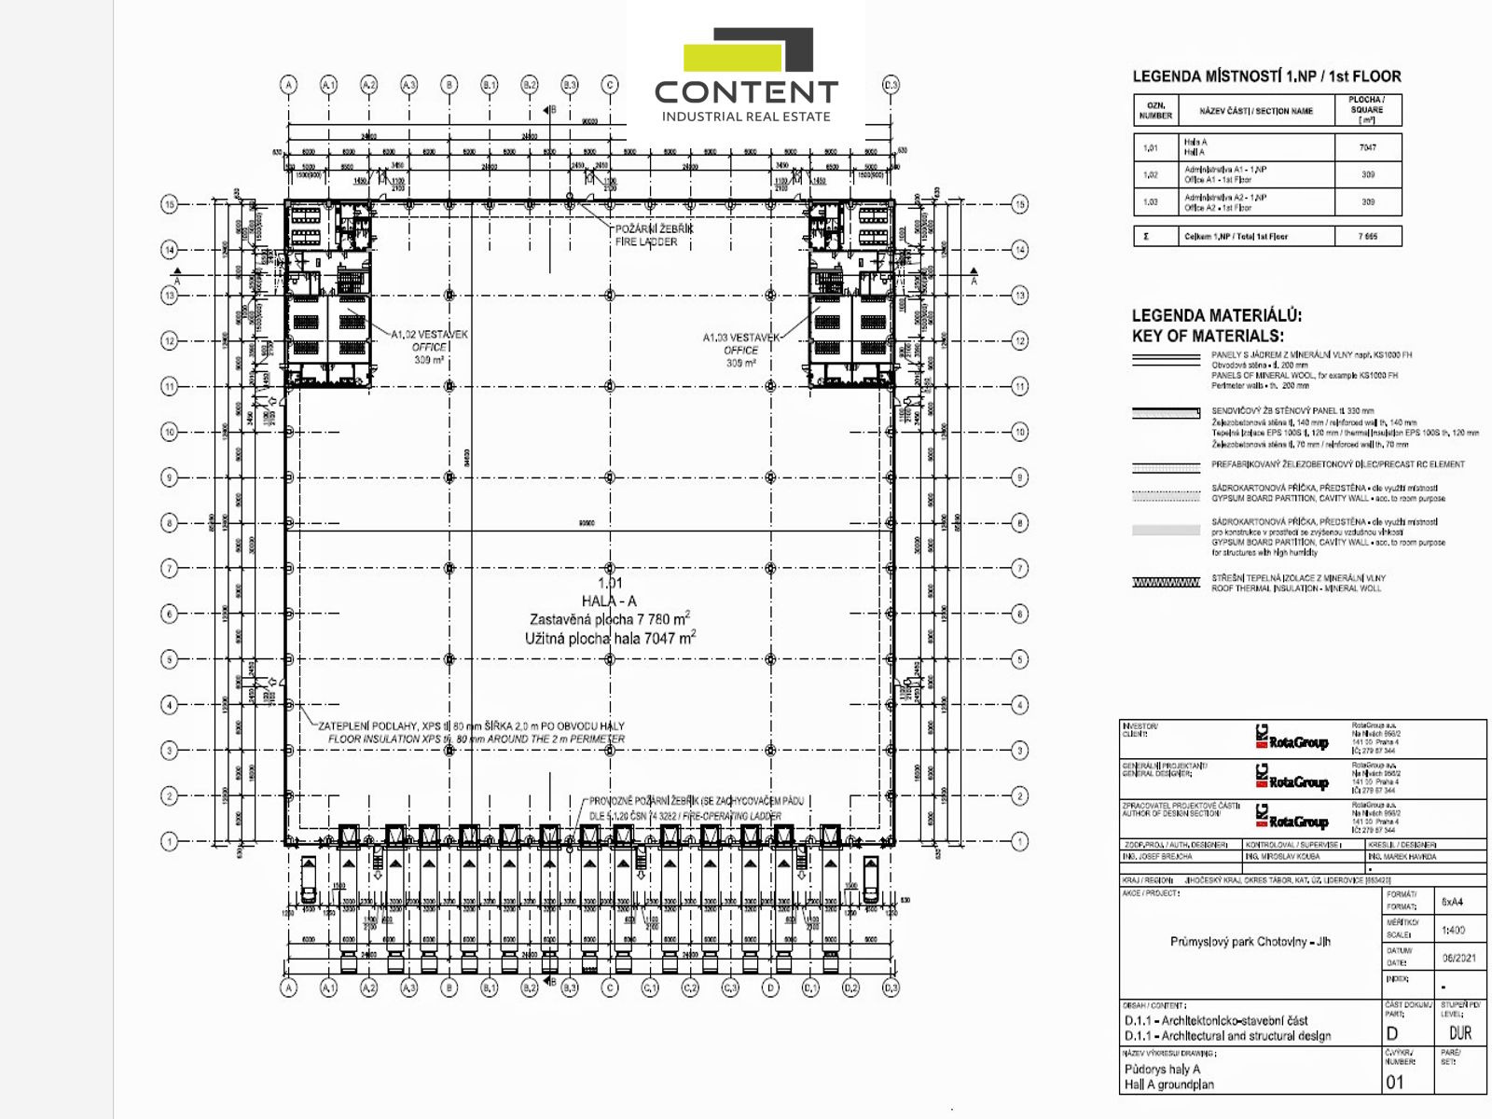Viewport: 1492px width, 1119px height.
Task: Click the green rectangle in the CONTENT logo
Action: click(x=732, y=57)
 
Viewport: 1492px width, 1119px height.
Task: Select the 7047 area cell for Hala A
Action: click(x=1367, y=147)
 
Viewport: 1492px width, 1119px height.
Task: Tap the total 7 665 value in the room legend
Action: click(x=1367, y=237)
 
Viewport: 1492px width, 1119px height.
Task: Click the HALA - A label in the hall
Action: click(x=609, y=601)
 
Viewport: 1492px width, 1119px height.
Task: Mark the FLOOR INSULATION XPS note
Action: click(x=476, y=739)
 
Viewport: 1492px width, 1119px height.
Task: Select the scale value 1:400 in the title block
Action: click(x=1453, y=930)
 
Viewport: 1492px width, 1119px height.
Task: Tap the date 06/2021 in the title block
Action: click(x=1458, y=959)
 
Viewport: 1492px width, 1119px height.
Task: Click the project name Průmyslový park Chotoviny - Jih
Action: click(x=1250, y=942)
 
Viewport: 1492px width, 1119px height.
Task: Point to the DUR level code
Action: click(x=1460, y=1033)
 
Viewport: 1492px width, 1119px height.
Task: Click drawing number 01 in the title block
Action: click(x=1394, y=1083)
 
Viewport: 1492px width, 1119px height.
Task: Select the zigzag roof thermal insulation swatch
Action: click(x=1166, y=583)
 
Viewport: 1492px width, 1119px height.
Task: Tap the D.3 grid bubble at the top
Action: click(x=891, y=85)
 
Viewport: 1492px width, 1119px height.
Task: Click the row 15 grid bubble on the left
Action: click(x=170, y=204)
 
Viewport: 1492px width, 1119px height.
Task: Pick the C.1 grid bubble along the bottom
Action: click(x=650, y=988)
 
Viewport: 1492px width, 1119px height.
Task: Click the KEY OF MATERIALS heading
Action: click(x=1208, y=336)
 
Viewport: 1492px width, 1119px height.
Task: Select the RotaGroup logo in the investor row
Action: click(x=1292, y=741)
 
